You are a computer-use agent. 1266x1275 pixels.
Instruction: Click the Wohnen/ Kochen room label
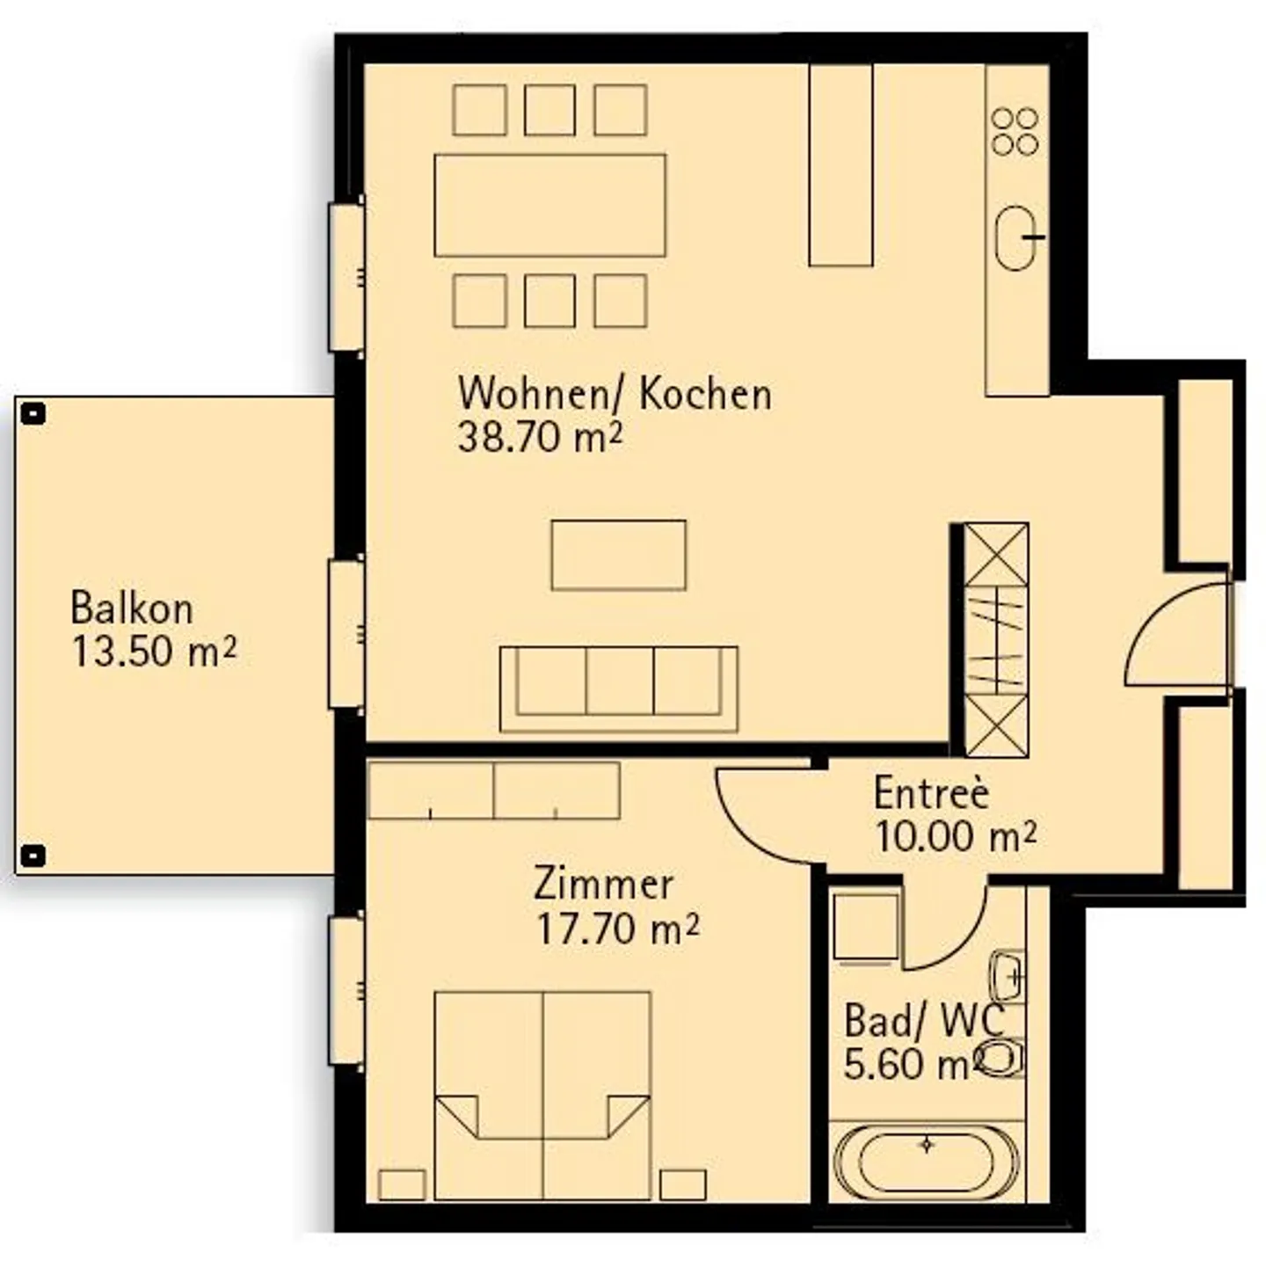click(x=615, y=394)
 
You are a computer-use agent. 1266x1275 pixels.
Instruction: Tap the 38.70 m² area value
click(x=540, y=437)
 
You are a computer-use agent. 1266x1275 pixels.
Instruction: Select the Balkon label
click(x=131, y=608)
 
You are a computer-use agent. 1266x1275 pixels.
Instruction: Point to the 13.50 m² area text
click(x=154, y=652)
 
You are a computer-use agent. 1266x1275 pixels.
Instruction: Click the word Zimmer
click(x=603, y=885)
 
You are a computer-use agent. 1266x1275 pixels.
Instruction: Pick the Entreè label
click(x=931, y=793)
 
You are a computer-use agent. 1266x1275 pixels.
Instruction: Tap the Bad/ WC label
click(x=923, y=1021)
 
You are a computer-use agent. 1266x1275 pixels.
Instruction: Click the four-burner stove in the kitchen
click(x=1015, y=132)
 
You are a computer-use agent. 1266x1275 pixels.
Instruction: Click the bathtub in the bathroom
click(x=927, y=1162)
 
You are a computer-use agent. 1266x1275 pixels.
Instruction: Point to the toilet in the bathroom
click(x=1000, y=1058)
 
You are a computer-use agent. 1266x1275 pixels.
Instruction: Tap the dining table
click(x=550, y=206)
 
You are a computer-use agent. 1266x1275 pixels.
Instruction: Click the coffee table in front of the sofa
click(x=618, y=555)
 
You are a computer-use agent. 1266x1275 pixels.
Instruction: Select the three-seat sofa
click(x=618, y=688)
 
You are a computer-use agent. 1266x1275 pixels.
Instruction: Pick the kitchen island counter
click(x=840, y=165)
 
